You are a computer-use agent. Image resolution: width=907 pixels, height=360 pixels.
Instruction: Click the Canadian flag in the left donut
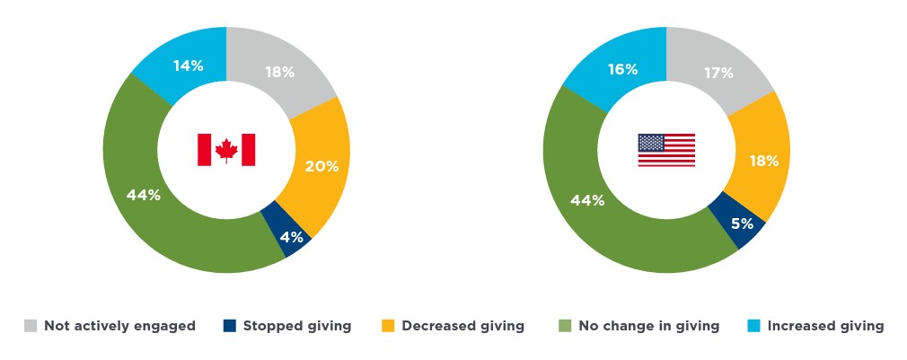(226, 150)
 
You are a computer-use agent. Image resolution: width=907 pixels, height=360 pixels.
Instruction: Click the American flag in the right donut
(666, 150)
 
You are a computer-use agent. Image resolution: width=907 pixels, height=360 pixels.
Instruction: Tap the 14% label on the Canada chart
(188, 65)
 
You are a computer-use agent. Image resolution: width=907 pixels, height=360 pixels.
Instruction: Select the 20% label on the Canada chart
(321, 165)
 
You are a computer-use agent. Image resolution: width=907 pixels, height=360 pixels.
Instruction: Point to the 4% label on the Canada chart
(291, 237)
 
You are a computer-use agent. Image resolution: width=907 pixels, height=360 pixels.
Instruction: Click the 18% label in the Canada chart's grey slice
(279, 72)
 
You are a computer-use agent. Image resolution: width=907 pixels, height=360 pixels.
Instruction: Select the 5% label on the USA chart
(741, 223)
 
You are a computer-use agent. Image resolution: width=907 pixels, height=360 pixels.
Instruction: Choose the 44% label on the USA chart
(586, 200)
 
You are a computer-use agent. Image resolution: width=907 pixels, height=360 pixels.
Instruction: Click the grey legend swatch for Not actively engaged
(31, 326)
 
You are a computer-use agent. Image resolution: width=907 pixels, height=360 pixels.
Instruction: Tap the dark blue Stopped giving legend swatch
(230, 326)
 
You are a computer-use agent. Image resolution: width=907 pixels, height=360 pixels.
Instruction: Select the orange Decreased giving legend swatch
(389, 326)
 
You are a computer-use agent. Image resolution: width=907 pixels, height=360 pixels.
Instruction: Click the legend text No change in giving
(650, 326)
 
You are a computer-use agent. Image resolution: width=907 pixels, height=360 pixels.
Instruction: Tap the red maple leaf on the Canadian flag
(226, 150)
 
